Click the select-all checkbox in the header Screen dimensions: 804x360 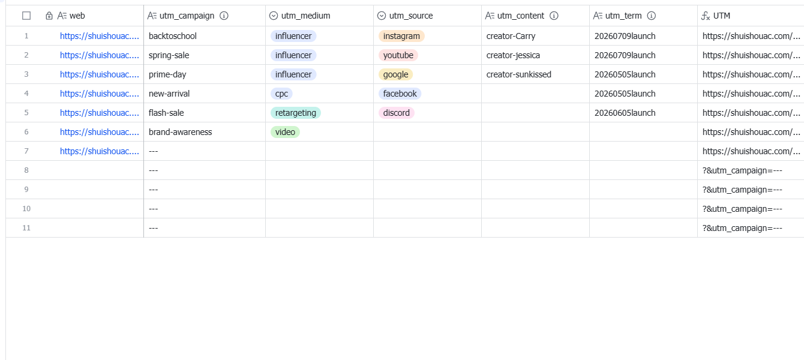coord(26,16)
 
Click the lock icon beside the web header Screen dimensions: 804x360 coord(49,16)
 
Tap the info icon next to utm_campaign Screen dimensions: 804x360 coord(224,16)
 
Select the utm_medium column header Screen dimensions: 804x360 coord(305,16)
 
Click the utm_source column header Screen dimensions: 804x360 coord(410,16)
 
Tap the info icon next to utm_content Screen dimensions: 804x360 coord(554,16)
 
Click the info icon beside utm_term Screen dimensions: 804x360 coord(652,16)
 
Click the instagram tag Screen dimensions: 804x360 coord(401,36)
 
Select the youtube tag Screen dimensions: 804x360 coord(398,55)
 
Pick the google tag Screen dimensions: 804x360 coord(395,74)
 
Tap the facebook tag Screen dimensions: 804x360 coord(400,94)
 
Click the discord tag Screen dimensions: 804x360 coord(396,113)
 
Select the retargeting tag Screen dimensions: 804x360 coord(295,113)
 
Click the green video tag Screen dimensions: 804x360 coord(285,132)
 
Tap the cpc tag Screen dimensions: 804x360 coord(281,94)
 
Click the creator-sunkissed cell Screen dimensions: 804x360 coord(518,74)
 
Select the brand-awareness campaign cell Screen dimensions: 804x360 coord(180,132)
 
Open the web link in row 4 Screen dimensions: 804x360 coord(99,94)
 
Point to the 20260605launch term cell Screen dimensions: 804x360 coord(625,113)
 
